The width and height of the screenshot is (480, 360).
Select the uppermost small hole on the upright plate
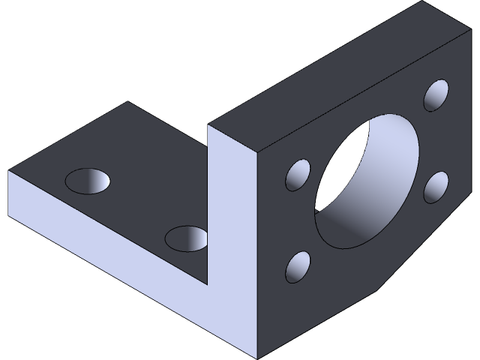[436, 95]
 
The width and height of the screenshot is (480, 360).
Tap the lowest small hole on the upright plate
[298, 267]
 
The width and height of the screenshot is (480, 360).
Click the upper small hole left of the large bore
[298, 175]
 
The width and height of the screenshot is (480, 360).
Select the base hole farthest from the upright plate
[88, 180]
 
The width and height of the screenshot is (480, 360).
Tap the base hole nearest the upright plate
[187, 238]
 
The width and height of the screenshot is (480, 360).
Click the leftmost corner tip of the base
[9, 171]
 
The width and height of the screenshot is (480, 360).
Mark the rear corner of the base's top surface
[127, 103]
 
